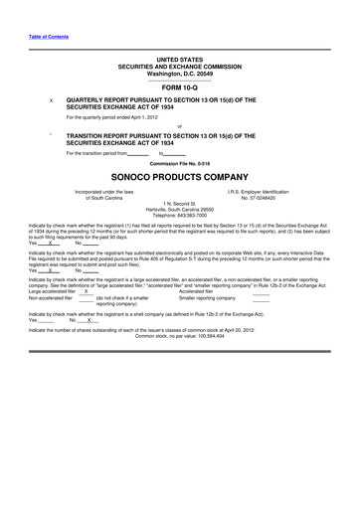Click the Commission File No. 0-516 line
click(x=179, y=162)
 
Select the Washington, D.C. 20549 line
click(x=179, y=74)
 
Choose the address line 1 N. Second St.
click(x=179, y=203)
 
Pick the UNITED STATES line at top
click(x=179, y=60)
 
